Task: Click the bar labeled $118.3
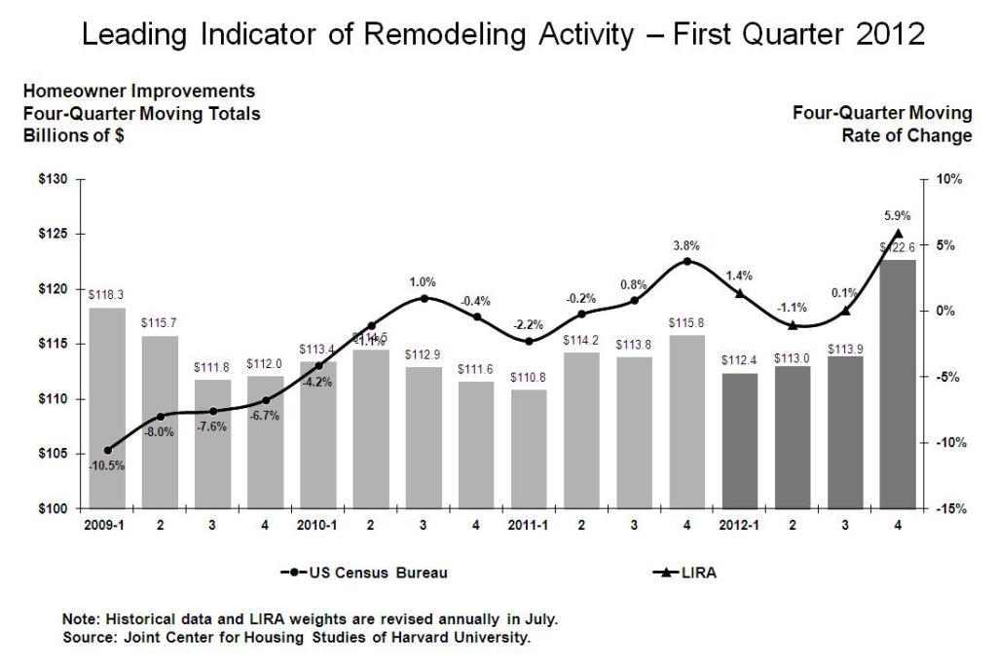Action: [x=107, y=408]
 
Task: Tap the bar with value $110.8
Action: [x=529, y=449]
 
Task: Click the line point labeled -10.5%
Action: [x=107, y=450]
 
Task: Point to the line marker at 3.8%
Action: [x=687, y=261]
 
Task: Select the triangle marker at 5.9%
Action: [x=898, y=233]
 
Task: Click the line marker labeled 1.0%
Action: [x=424, y=298]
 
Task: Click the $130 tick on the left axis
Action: [x=54, y=180]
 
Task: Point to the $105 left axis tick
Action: [x=54, y=454]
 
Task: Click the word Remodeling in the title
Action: [x=432, y=37]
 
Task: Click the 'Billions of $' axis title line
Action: [x=73, y=135]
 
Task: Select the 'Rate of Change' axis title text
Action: [x=906, y=135]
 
